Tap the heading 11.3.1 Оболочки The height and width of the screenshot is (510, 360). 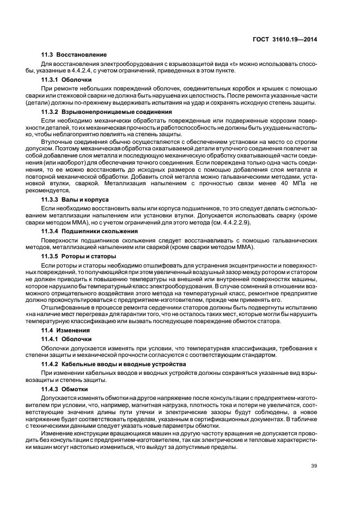tap(66, 80)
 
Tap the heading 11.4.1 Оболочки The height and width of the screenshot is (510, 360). tap(66, 339)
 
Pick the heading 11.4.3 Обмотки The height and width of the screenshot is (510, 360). tap(65, 389)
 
